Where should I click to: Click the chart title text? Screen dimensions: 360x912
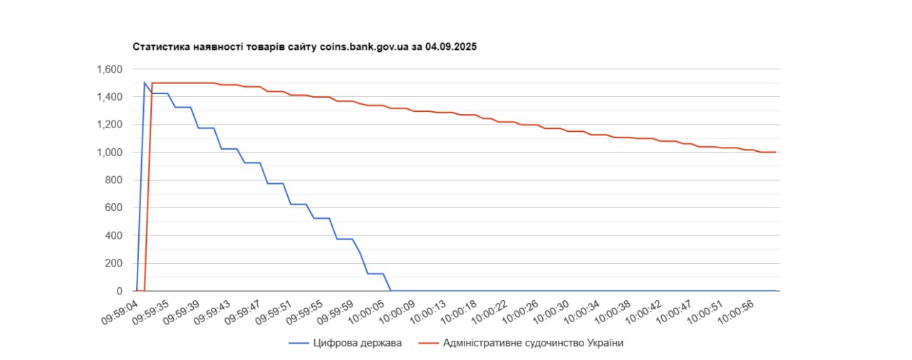pyautogui.click(x=304, y=47)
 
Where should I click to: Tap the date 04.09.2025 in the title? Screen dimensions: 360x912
pyautogui.click(x=451, y=47)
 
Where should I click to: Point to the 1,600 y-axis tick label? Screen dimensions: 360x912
pyautogui.click(x=110, y=69)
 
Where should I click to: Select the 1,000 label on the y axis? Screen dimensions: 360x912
pyautogui.click(x=110, y=153)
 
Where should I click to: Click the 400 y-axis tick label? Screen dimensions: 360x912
pyautogui.click(x=114, y=236)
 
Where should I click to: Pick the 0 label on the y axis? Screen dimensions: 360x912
pyautogui.click(x=120, y=291)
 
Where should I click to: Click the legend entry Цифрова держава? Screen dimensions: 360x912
pyautogui.click(x=357, y=343)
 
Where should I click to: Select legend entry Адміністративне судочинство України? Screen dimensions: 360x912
pyautogui.click(x=533, y=343)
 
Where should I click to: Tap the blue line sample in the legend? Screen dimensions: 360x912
pyautogui.click(x=298, y=343)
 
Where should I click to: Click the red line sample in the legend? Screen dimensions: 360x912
pyautogui.click(x=427, y=343)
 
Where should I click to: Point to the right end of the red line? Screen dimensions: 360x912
pyautogui.click(x=775, y=152)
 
